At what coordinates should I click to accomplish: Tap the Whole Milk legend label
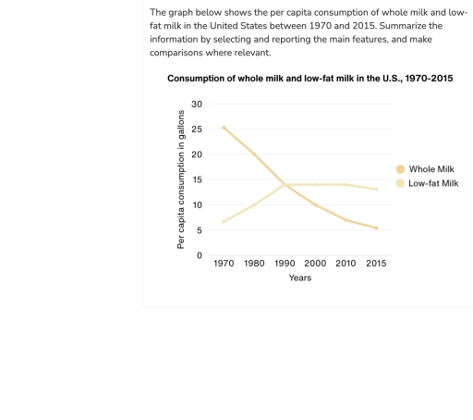point(432,169)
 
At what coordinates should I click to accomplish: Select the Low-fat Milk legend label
point(433,183)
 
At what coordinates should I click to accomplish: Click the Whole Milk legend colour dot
point(400,169)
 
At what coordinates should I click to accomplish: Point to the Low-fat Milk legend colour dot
point(400,183)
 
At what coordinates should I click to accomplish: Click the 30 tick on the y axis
point(197,104)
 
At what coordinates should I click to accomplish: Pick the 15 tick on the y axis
point(197,179)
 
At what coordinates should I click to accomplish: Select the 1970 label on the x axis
point(224,264)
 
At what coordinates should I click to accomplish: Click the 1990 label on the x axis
point(285,264)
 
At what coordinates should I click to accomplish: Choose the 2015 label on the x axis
point(376,264)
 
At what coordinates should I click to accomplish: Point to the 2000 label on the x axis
point(315,264)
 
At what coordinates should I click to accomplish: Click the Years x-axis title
point(299,278)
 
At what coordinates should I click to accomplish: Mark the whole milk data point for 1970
point(224,128)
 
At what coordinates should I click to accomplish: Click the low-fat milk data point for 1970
point(224,222)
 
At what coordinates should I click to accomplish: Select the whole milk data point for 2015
point(376,229)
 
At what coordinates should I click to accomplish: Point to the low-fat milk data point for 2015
point(376,189)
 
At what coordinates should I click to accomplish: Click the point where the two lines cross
point(285,185)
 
